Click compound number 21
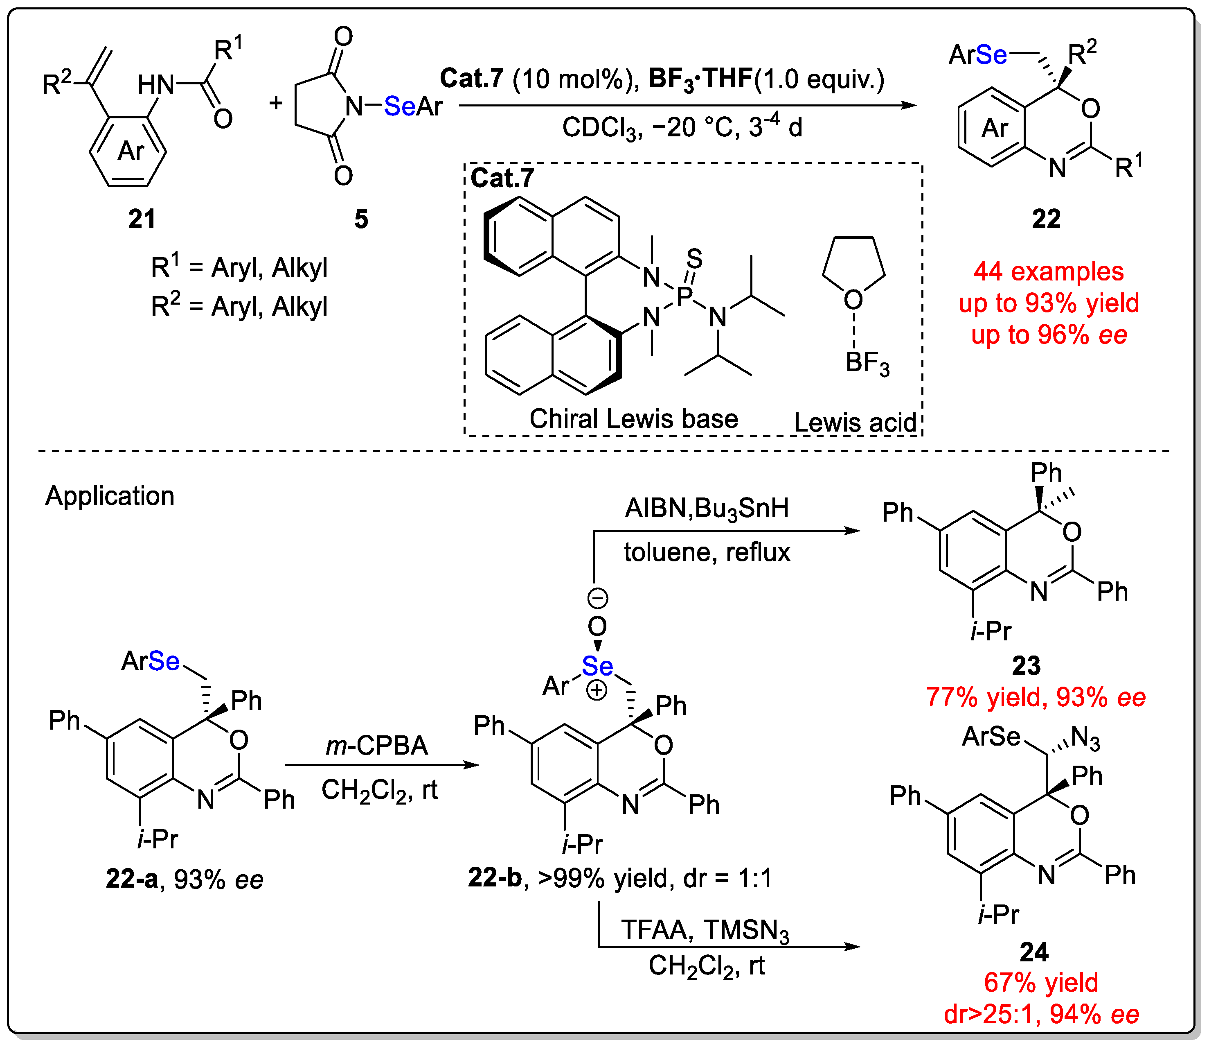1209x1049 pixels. pyautogui.click(x=142, y=219)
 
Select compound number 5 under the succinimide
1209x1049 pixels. pyautogui.click(x=361, y=219)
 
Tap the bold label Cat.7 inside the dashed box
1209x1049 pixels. pyautogui.click(x=502, y=178)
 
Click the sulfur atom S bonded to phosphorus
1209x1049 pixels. pyautogui.click(x=694, y=258)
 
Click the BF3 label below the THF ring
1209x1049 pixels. pyautogui.click(x=867, y=363)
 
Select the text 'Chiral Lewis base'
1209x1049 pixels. pyautogui.click(x=633, y=419)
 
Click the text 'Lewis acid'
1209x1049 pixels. pyautogui.click(x=855, y=423)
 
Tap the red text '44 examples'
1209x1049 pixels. pyautogui.click(x=1048, y=271)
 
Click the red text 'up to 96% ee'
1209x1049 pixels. pyautogui.click(x=1049, y=335)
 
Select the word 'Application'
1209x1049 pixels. pyautogui.click(x=110, y=496)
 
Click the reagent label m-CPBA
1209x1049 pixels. pyautogui.click(x=377, y=746)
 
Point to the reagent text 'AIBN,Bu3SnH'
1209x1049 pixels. pyautogui.click(x=707, y=508)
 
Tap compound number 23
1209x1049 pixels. pyautogui.click(x=1026, y=666)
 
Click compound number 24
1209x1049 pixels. pyautogui.click(x=1033, y=952)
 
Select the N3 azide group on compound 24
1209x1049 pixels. pyautogui.click(x=1085, y=739)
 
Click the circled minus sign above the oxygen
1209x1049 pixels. pyautogui.click(x=597, y=598)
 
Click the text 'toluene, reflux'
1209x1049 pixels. pyautogui.click(x=707, y=552)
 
